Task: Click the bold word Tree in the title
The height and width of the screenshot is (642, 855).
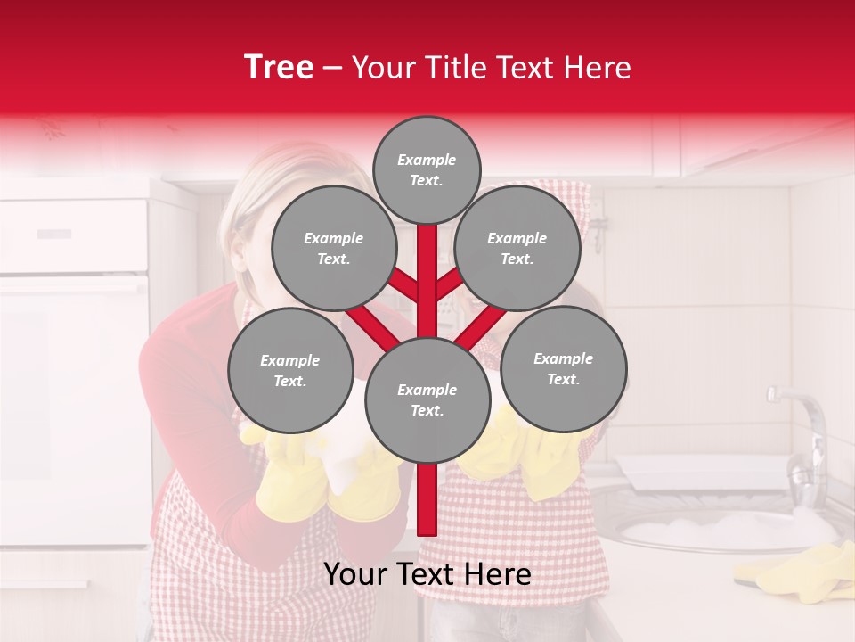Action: click(x=279, y=67)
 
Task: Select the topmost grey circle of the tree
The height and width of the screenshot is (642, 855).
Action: click(x=427, y=169)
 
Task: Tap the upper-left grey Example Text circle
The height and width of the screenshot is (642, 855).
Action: click(x=333, y=249)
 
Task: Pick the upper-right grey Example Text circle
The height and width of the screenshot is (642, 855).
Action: click(x=517, y=249)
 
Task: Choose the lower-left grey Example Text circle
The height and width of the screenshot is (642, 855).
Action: click(x=290, y=370)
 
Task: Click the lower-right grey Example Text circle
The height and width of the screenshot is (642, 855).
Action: click(x=564, y=368)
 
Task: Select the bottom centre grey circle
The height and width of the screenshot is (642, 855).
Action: click(x=427, y=400)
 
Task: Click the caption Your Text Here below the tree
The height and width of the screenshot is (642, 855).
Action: click(x=427, y=574)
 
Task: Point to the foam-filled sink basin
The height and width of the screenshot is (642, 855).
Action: click(x=712, y=530)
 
